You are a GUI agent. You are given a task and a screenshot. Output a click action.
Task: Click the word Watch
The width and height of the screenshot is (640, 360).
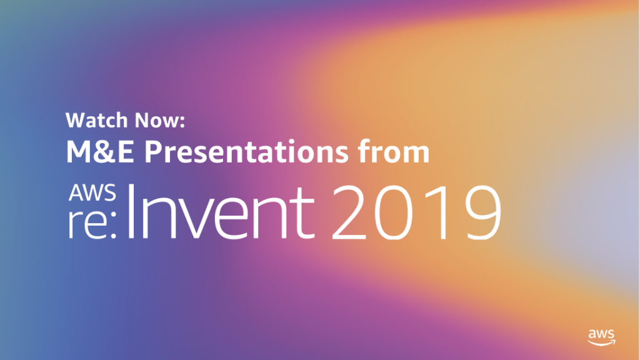coord(96,120)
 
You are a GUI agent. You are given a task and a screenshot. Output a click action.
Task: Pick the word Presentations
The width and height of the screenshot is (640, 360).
coord(246,152)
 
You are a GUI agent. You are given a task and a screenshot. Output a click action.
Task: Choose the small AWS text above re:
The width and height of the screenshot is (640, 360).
coord(92,192)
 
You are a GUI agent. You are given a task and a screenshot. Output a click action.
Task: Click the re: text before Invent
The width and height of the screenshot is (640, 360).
coord(92,224)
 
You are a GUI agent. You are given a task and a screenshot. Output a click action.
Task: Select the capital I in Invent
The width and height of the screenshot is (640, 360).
coord(131,211)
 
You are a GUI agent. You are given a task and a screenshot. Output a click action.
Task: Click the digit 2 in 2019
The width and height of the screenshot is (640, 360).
coord(349,212)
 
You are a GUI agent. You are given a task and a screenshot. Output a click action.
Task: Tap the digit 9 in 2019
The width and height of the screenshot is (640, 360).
coord(482,212)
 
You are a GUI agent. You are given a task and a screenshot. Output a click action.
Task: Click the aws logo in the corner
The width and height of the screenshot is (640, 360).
coord(601,337)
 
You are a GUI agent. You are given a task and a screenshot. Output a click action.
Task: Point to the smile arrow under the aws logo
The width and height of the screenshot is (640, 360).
coord(601,342)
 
